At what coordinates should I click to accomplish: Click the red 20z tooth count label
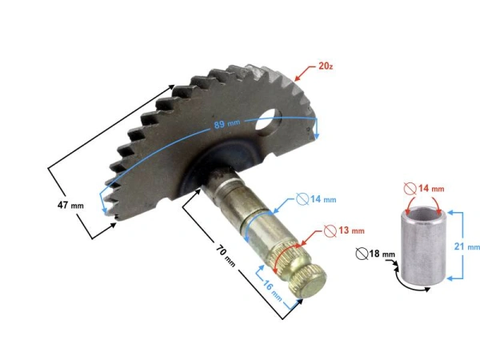pos(326,66)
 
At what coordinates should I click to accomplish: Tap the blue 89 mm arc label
pos(227,124)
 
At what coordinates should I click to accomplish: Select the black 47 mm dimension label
pos(70,205)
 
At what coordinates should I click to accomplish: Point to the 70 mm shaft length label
pos(226,255)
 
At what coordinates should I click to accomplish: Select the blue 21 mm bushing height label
pos(467,246)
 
